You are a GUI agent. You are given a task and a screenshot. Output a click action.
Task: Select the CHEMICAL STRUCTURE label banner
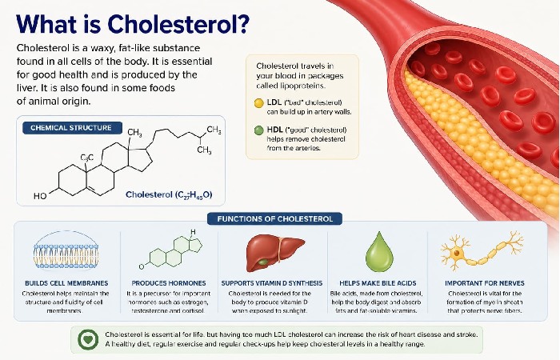pyautogui.click(x=71, y=127)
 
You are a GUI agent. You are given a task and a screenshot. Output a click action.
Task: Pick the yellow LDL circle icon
pyautogui.click(x=258, y=103)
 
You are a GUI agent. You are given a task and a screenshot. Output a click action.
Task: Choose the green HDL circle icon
pyautogui.click(x=258, y=129)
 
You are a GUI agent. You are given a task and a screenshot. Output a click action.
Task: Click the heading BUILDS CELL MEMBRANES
pyautogui.click(x=66, y=282)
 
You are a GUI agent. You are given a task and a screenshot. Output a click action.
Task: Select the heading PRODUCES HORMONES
pyautogui.click(x=168, y=282)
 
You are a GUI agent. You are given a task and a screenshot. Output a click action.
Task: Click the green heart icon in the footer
pyautogui.click(x=87, y=338)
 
